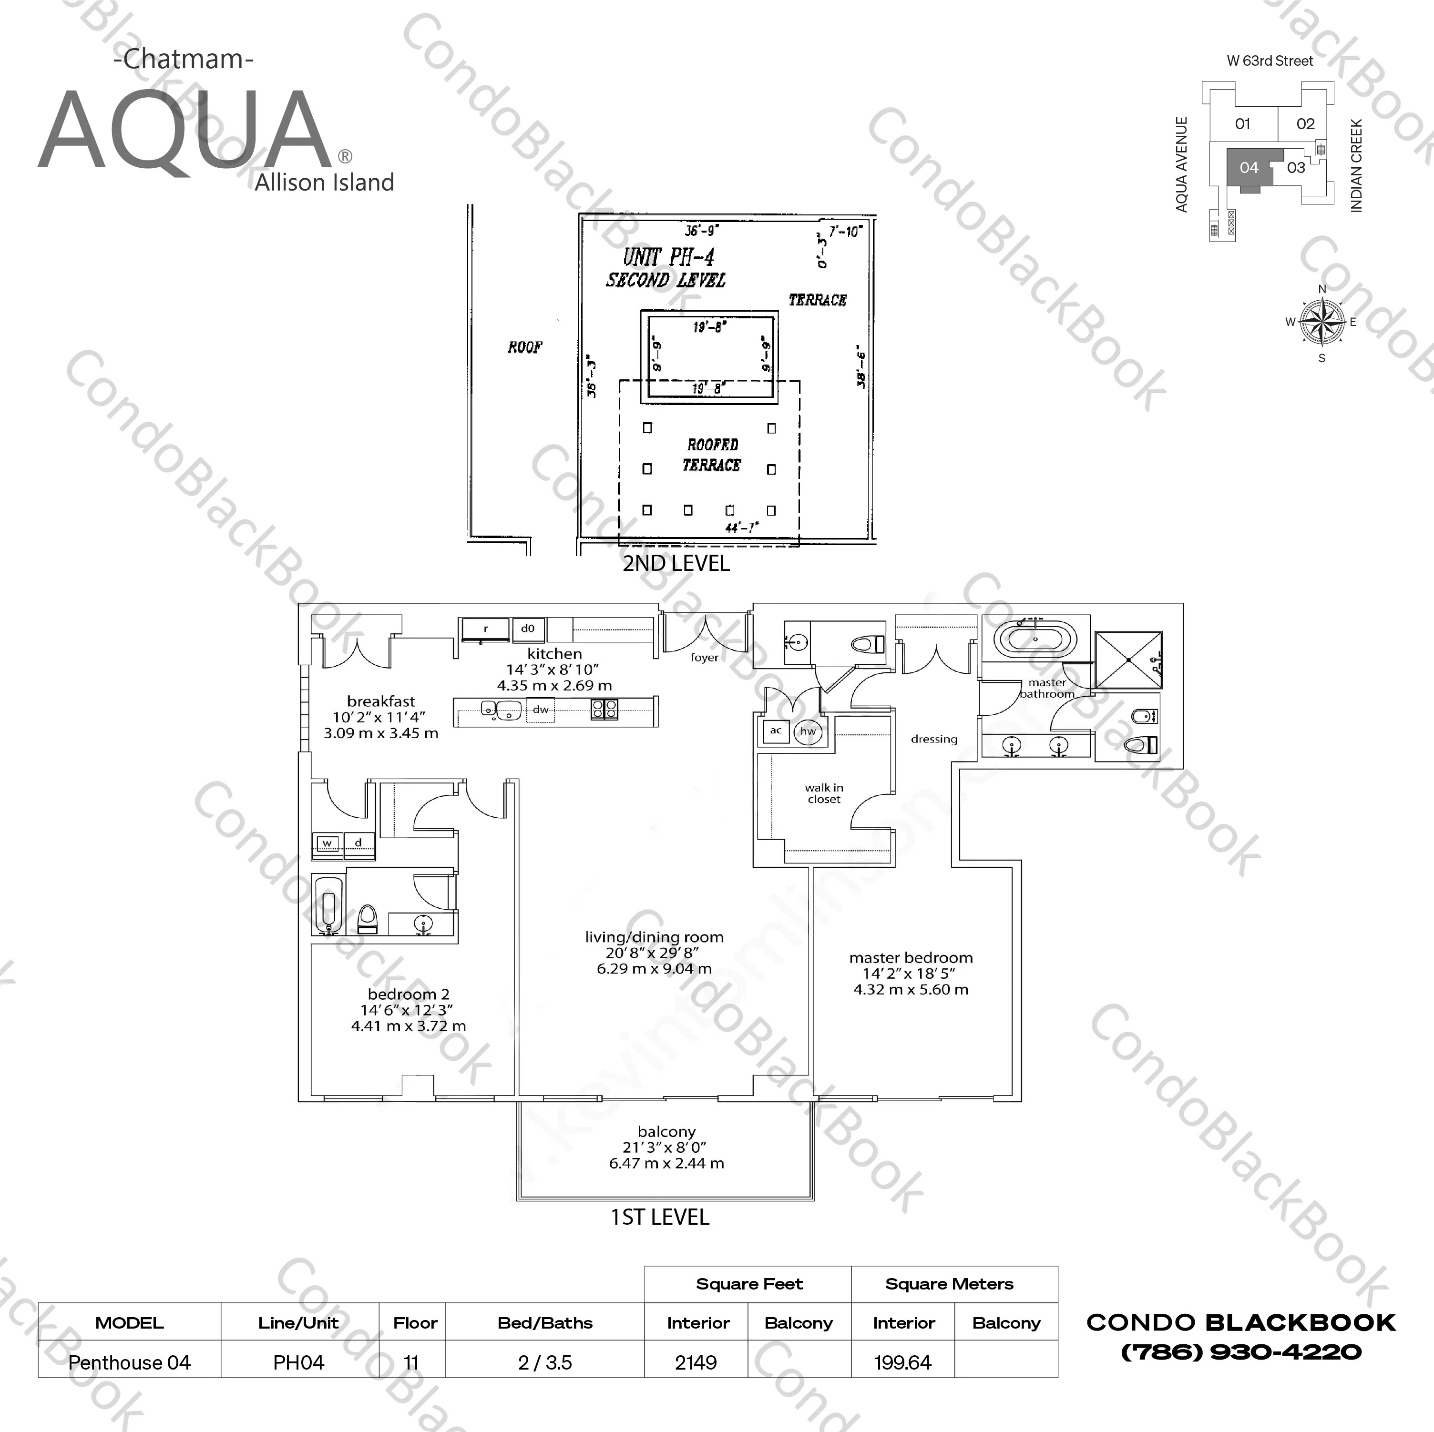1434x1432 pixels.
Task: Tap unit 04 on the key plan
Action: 1249,168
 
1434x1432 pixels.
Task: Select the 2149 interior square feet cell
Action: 696,1362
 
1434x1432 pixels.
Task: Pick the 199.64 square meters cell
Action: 902,1362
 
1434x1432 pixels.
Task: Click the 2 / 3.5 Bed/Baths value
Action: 545,1362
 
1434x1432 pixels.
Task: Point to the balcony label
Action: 666,1131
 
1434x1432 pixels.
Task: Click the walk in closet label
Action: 824,793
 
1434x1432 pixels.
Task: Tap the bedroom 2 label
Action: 408,994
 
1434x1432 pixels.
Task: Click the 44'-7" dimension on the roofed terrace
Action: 741,528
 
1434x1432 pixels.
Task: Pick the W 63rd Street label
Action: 1270,61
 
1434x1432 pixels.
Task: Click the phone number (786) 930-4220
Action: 1241,1352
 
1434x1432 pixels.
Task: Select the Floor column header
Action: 415,1323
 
